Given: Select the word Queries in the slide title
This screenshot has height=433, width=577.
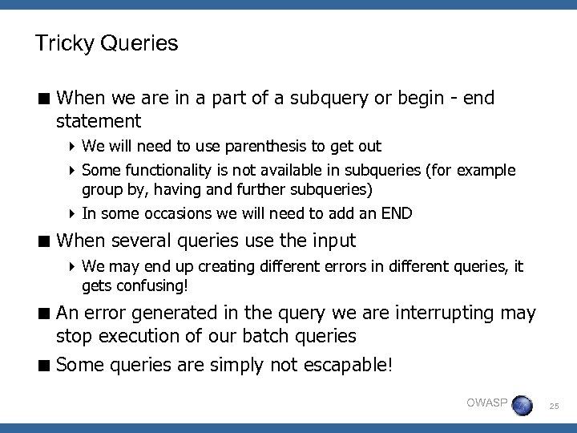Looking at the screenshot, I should click(x=139, y=43).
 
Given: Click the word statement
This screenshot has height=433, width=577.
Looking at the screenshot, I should click(x=99, y=122).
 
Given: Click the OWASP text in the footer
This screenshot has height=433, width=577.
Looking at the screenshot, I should click(x=486, y=403).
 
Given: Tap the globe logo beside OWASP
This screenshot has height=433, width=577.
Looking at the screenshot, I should click(x=522, y=405).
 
